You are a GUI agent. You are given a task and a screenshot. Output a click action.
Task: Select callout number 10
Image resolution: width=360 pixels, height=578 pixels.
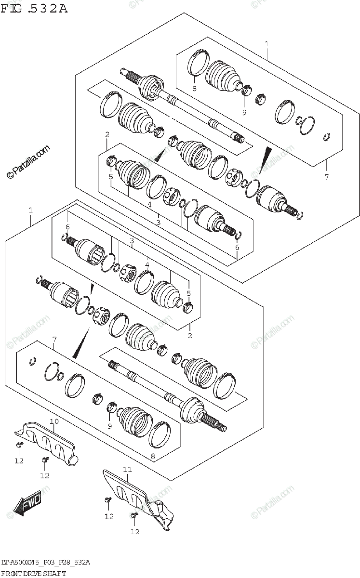pos(54,421)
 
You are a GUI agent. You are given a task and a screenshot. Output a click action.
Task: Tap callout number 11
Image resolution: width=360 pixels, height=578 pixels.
pos(127,469)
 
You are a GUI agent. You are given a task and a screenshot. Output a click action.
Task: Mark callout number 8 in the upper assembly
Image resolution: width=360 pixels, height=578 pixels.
pos(194,89)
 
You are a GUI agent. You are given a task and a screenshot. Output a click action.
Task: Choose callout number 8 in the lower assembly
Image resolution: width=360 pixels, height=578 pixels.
pos(153,456)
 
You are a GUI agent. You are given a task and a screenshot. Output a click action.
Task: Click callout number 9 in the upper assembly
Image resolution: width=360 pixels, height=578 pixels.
pos(244,112)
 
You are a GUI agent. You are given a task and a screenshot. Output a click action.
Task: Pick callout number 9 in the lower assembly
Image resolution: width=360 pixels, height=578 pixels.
pos(110,426)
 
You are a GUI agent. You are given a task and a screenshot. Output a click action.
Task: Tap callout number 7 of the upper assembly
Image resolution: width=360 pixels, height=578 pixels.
pos(326,177)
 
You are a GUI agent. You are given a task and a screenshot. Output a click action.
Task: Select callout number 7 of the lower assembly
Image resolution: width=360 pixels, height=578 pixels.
pos(54,340)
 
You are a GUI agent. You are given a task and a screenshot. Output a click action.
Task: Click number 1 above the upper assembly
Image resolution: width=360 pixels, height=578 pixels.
pos(267,44)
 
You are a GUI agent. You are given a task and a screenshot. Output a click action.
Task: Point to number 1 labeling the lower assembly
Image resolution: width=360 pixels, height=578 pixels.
pos(31,210)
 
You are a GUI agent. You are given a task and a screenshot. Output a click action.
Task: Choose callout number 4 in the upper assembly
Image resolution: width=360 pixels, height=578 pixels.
pos(150,205)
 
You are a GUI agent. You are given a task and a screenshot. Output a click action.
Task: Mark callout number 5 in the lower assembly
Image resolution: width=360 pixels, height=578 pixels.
pos(189,293)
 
